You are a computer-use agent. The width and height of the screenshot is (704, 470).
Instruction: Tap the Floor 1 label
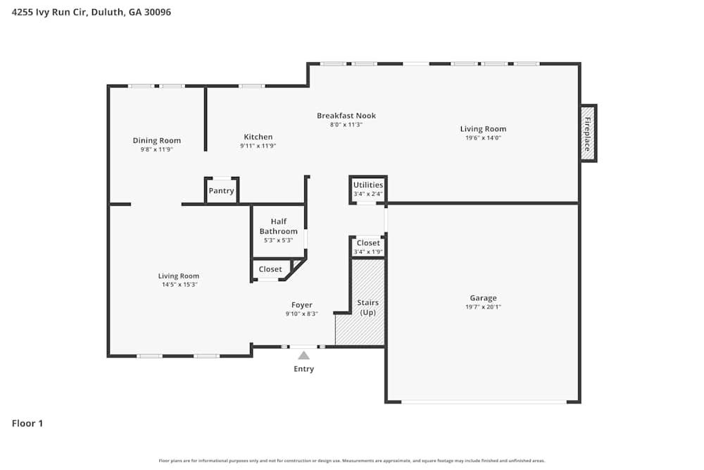click(x=27, y=423)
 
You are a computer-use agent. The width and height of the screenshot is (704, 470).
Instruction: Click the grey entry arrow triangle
click(x=303, y=355)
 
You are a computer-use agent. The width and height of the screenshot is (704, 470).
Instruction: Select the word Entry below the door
click(x=303, y=369)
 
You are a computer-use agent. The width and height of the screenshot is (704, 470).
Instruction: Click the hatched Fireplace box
click(x=588, y=133)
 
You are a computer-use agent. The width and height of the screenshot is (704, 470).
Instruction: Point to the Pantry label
click(x=221, y=191)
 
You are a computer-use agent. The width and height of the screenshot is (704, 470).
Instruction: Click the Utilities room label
click(x=368, y=185)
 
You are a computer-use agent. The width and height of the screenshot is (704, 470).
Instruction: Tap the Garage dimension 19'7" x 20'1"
click(x=483, y=307)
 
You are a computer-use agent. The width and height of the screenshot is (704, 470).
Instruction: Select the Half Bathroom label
click(x=278, y=226)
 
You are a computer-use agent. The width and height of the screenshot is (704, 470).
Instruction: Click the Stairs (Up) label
click(x=368, y=307)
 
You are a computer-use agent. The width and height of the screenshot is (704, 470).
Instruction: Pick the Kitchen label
click(x=258, y=137)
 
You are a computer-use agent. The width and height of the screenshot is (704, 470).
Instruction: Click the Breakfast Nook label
click(x=346, y=116)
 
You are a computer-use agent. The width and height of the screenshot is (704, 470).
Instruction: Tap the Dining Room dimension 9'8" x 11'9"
click(x=156, y=149)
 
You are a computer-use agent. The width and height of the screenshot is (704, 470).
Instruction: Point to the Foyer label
click(x=301, y=305)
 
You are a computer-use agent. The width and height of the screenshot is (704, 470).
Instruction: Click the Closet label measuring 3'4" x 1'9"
click(x=368, y=243)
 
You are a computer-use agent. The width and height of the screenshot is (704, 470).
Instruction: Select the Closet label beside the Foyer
click(x=270, y=269)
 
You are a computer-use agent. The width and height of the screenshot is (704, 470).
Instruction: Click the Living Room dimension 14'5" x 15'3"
click(x=178, y=285)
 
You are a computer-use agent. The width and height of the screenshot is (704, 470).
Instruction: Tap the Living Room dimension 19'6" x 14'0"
click(x=483, y=138)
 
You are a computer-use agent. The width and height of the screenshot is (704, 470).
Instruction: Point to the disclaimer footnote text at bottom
click(x=352, y=461)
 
